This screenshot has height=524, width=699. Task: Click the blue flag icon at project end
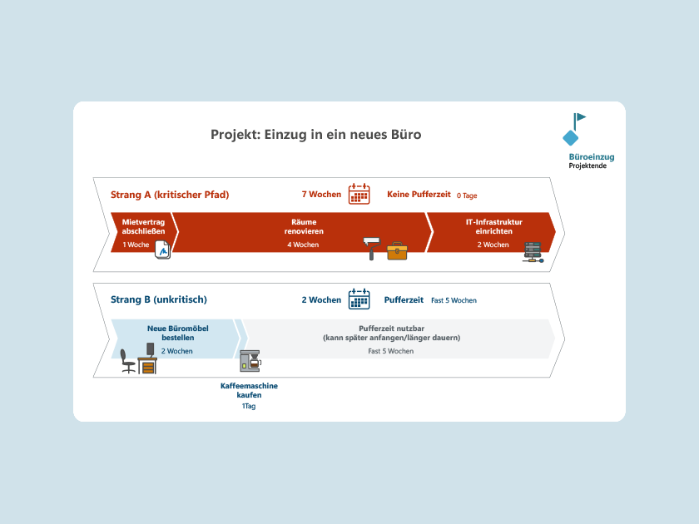coord(579,121)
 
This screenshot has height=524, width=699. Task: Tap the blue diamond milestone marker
coord(571,138)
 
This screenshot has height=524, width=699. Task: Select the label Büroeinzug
coord(592,157)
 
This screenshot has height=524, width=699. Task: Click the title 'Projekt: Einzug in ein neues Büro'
coord(315,135)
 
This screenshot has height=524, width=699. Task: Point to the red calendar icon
coord(359,194)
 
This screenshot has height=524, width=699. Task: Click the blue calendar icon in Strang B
coord(359,299)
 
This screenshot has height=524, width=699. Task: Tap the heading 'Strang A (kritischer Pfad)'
coord(170,195)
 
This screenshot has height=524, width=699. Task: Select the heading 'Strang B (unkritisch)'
coord(159,299)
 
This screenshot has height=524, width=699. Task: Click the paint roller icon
coord(371,248)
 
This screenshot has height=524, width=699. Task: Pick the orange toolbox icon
coord(397,251)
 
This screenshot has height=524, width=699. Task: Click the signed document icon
coord(163,250)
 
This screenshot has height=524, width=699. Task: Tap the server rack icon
coord(533,252)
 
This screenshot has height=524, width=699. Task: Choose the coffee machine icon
coord(250,361)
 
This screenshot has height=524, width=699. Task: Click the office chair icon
coord(127,361)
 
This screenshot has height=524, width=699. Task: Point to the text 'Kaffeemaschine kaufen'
coord(249,390)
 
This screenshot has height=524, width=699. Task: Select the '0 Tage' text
coord(467,195)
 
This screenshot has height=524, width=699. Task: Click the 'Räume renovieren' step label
coord(304,226)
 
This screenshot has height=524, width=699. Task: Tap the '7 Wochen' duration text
coord(321,195)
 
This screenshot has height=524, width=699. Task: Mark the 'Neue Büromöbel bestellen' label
coord(178,333)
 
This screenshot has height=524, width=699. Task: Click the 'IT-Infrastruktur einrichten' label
coord(494,226)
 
